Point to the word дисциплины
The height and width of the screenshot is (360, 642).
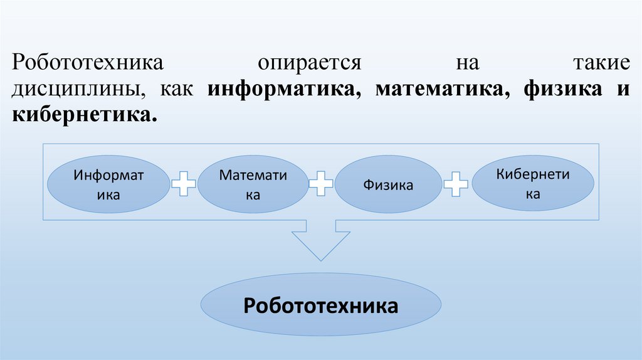pyautogui.click(x=74, y=90)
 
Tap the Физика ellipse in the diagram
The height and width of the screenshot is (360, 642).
pyautogui.click(x=387, y=185)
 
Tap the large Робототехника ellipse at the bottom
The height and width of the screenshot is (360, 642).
pyautogui.click(x=321, y=306)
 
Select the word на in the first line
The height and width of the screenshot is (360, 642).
pyautogui.click(x=468, y=64)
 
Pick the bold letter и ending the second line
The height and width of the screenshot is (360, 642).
pyautogui.click(x=623, y=90)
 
